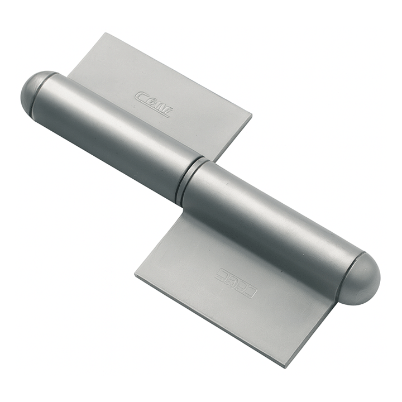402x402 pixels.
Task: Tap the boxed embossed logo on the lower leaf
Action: tap(236, 282)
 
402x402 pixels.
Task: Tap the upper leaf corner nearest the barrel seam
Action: tap(217, 161)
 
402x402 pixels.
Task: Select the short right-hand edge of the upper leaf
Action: tap(234, 138)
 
